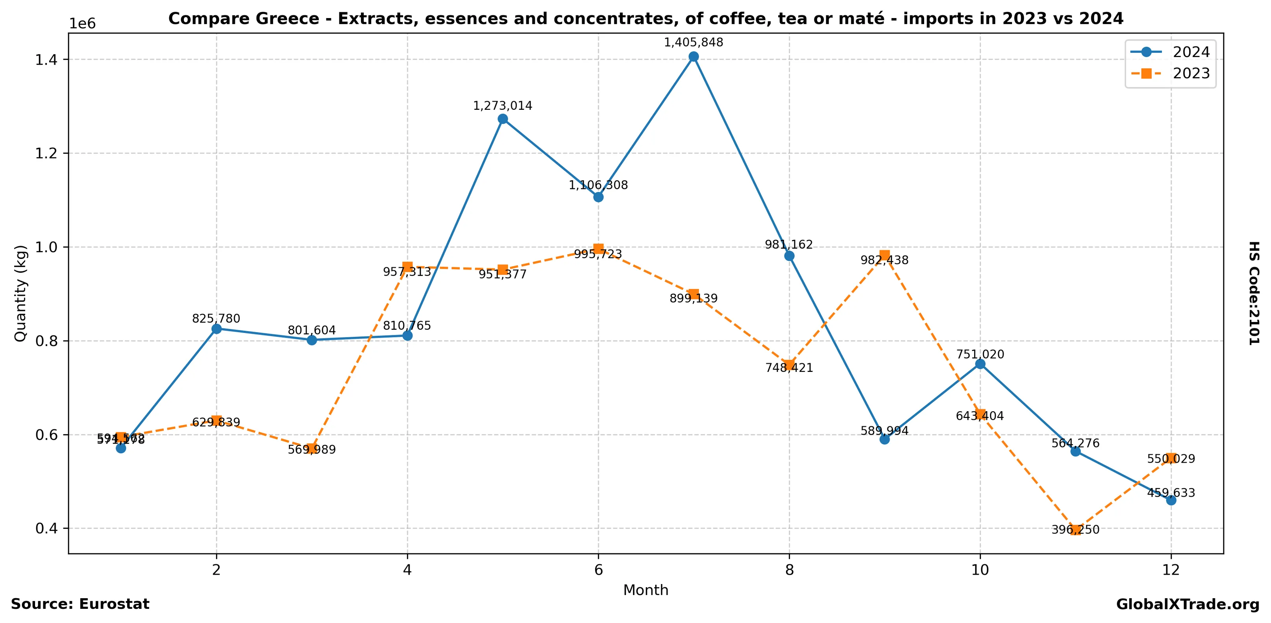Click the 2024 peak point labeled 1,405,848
click(x=694, y=57)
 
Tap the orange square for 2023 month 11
click(x=1076, y=530)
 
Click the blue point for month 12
click(x=1171, y=500)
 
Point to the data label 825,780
click(x=216, y=319)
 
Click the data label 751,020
click(x=980, y=354)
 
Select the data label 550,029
click(x=1171, y=459)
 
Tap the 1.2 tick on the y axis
click(x=46, y=153)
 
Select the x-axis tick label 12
click(x=1171, y=570)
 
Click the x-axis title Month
click(x=646, y=590)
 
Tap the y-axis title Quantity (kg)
click(x=20, y=293)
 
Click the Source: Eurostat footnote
click(x=80, y=604)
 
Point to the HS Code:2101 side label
click(x=1254, y=293)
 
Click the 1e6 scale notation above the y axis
click(x=82, y=24)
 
